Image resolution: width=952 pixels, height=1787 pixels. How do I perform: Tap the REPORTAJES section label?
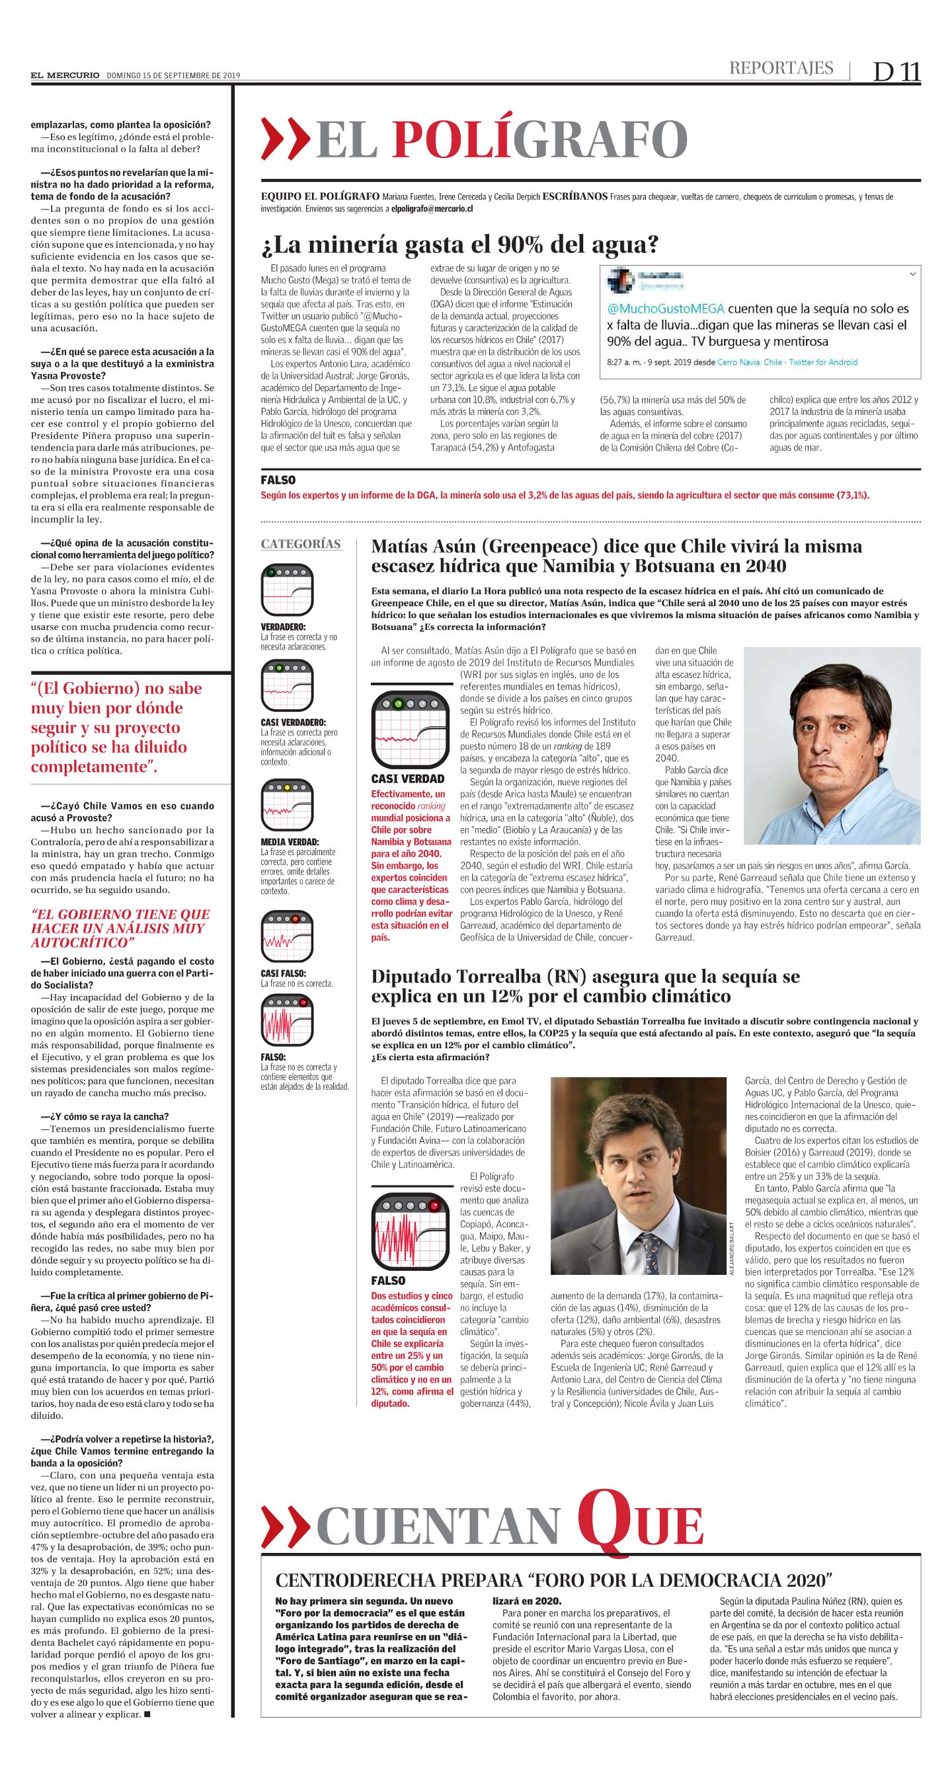point(781,68)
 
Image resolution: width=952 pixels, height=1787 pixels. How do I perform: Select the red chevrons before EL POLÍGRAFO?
point(284,139)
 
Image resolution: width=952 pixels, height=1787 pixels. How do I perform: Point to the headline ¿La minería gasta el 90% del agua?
point(459,245)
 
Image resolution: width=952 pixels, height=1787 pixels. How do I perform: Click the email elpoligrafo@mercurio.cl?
point(432,208)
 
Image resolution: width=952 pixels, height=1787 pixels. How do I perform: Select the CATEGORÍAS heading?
point(301,544)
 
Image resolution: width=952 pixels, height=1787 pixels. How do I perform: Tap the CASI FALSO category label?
point(283,973)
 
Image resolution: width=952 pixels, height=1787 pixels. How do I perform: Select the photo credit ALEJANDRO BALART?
point(731,1246)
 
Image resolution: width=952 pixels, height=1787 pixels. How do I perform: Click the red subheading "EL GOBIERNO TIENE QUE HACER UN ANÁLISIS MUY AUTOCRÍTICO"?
point(120,927)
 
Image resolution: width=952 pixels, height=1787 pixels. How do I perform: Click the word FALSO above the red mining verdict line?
point(278,480)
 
